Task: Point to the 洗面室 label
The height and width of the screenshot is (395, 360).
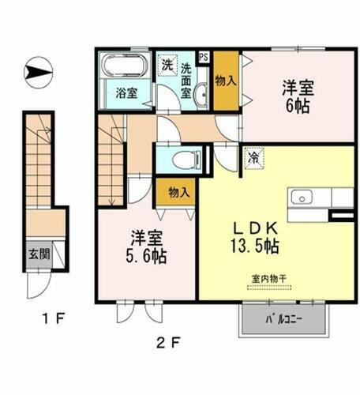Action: pos(187,80)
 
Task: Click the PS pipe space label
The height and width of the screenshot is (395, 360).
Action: pos(204,57)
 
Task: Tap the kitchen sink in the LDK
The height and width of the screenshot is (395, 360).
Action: pos(300,197)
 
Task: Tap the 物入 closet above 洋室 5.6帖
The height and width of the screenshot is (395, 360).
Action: pos(178,191)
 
